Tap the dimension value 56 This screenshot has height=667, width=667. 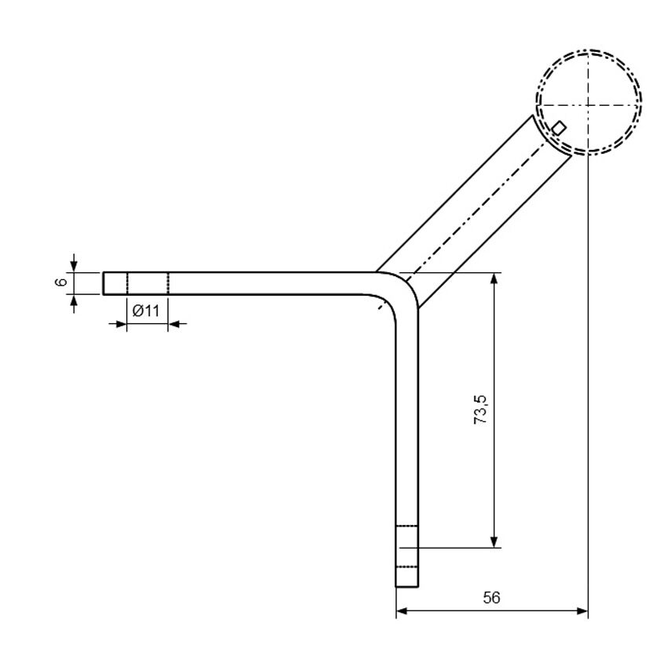pyautogui.click(x=491, y=598)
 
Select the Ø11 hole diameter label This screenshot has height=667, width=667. pyautogui.click(x=146, y=311)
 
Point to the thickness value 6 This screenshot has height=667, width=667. pyautogui.click(x=62, y=282)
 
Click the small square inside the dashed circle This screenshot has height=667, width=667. pyautogui.click(x=559, y=128)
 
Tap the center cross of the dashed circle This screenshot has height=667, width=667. pyautogui.click(x=588, y=104)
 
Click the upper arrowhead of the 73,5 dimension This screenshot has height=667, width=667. pyautogui.click(x=494, y=279)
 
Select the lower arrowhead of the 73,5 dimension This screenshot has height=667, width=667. pyautogui.click(x=494, y=542)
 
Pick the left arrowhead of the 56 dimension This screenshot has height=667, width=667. pyautogui.click(x=402, y=611)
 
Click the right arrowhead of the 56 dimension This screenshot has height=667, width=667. pyautogui.click(x=582, y=611)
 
